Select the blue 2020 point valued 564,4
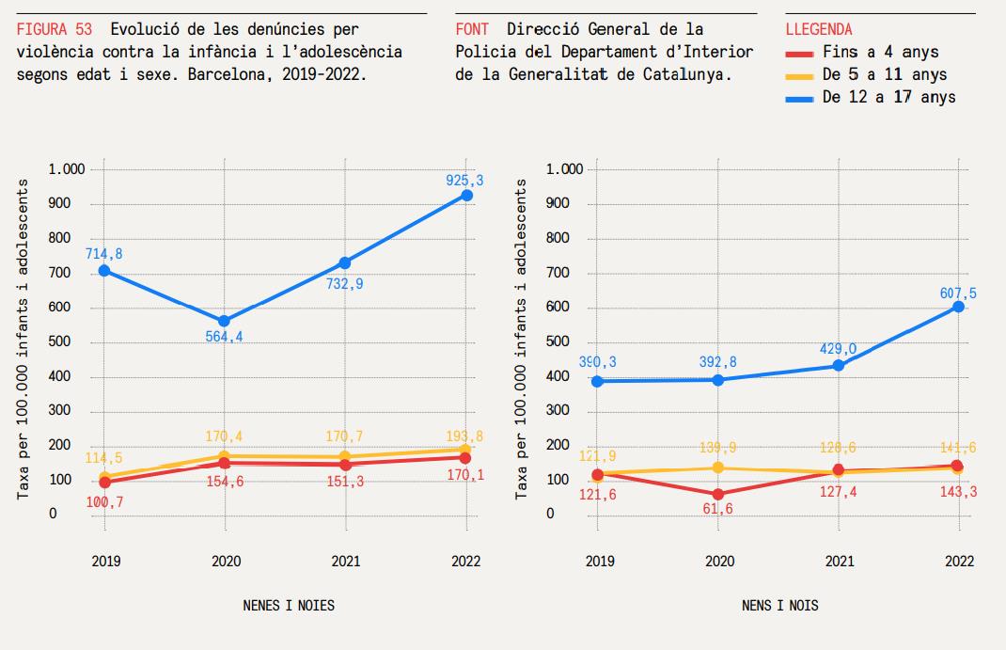point(224,321)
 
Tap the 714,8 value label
point(103,253)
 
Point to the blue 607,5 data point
point(958,307)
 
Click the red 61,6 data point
point(718,494)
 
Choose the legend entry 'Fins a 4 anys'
point(879,53)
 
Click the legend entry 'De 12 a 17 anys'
point(888,97)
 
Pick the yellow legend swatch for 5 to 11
point(799,75)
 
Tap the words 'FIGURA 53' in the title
point(55,29)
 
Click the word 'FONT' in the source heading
point(472,29)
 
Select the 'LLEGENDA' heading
point(819,29)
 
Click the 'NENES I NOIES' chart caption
point(288,605)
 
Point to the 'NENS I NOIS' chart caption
point(779,605)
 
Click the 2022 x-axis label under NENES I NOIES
point(465,562)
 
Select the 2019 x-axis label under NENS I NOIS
point(599,562)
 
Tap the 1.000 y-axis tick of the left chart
point(67,169)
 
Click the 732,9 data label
point(344,283)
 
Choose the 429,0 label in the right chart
point(839,349)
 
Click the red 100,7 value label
point(104,502)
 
